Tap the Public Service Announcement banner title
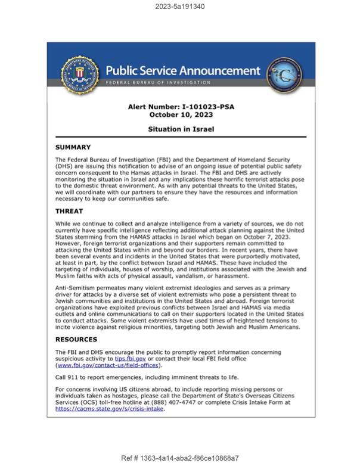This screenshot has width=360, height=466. tap(183, 70)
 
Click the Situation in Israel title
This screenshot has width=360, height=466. tap(181, 129)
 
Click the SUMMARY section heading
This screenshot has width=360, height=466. tap(73, 147)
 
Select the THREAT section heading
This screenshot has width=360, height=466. tap(69, 212)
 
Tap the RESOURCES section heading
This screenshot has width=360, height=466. tap(76, 339)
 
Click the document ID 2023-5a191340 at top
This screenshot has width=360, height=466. tap(179, 7)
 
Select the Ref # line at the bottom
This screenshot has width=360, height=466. tap(179, 458)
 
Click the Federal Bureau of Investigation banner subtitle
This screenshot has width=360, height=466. tap(158, 82)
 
